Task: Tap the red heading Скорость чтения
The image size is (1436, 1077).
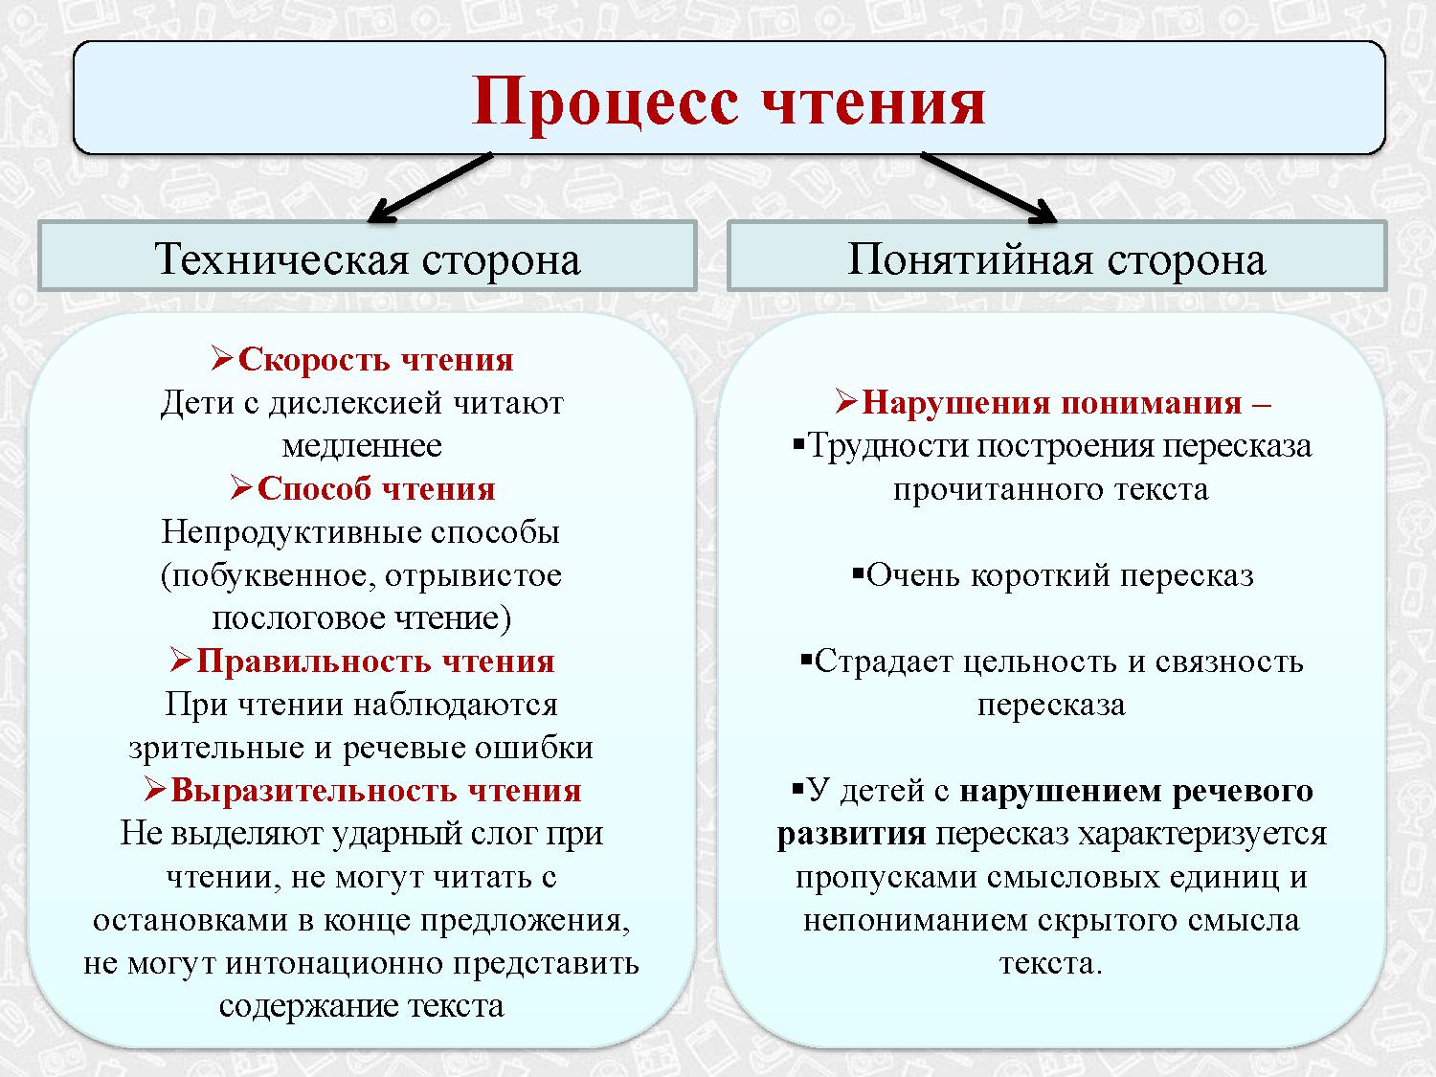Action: (374, 360)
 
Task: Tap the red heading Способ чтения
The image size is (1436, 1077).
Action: (375, 489)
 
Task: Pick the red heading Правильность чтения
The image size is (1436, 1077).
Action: (375, 662)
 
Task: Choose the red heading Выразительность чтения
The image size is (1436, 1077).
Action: (375, 791)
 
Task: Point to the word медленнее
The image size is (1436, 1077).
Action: (362, 446)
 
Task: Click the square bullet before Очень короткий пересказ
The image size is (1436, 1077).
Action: (858, 572)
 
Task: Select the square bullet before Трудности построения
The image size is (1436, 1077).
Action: (799, 443)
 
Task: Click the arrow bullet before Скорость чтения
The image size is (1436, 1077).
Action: (222, 360)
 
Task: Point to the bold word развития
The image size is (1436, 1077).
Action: (851, 834)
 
